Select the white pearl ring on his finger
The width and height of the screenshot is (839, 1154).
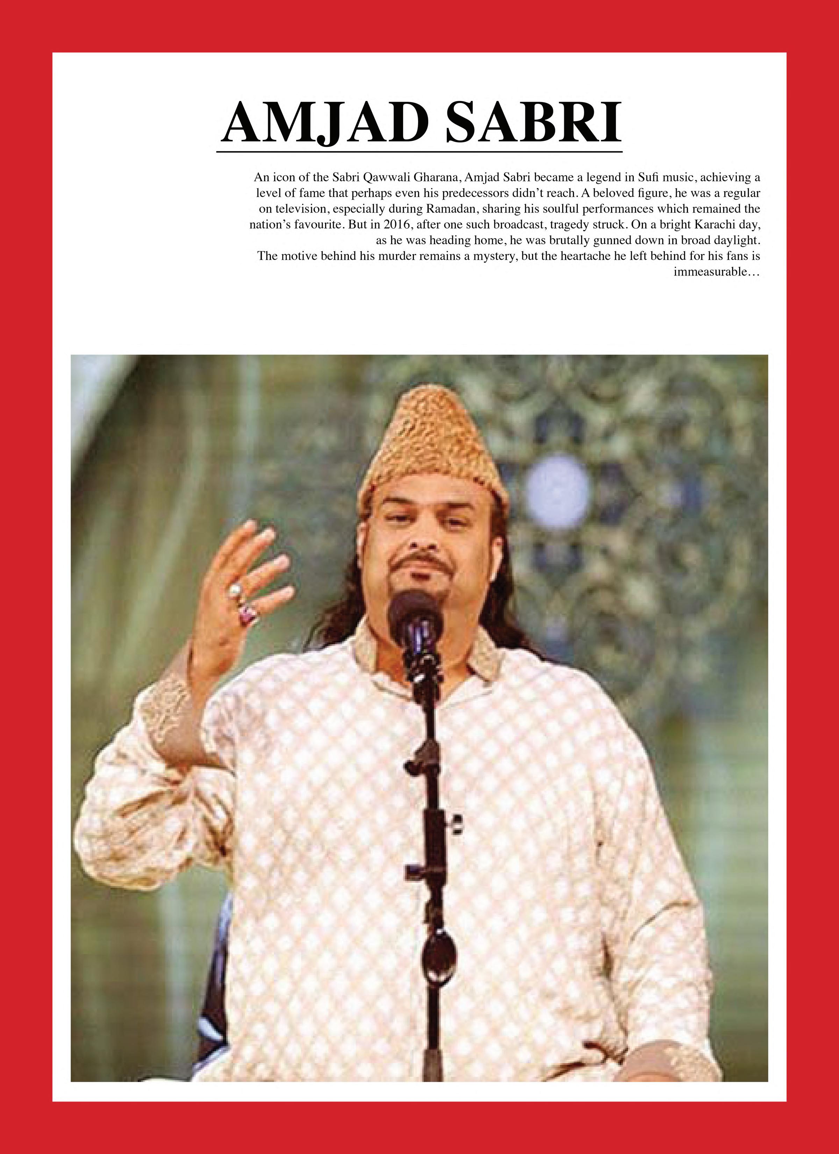tap(235, 590)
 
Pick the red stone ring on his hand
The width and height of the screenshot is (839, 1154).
tap(248, 614)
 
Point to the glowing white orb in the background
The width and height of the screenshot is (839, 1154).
tap(558, 483)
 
